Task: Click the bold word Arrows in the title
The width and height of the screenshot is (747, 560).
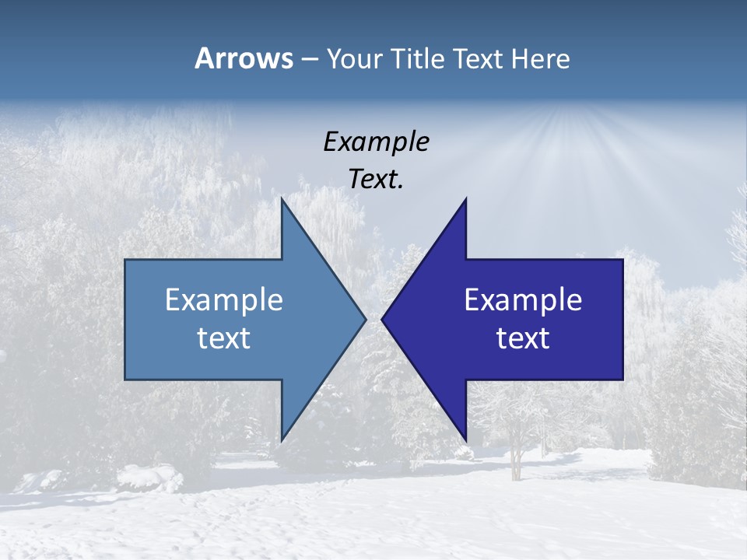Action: tap(243, 58)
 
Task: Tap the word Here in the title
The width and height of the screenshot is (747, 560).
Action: tap(540, 58)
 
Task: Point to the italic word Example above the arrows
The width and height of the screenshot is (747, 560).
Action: tap(376, 142)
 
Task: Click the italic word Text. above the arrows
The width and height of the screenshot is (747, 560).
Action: tap(376, 179)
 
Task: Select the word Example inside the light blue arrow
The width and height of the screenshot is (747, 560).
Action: tap(224, 299)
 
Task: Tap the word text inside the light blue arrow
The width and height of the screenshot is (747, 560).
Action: tap(224, 338)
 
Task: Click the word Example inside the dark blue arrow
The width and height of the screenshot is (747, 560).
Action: tap(523, 299)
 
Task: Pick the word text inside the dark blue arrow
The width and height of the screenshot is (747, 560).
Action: tap(523, 338)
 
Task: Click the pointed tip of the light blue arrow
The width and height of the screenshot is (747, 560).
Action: tap(364, 319)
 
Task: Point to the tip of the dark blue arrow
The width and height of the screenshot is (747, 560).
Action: tap(383, 319)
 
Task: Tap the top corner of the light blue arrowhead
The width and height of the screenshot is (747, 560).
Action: tap(282, 200)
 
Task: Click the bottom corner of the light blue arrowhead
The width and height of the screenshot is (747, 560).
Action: tap(282, 439)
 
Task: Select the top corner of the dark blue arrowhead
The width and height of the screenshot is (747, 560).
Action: tap(465, 200)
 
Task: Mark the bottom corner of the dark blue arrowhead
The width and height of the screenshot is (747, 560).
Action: tap(465, 439)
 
